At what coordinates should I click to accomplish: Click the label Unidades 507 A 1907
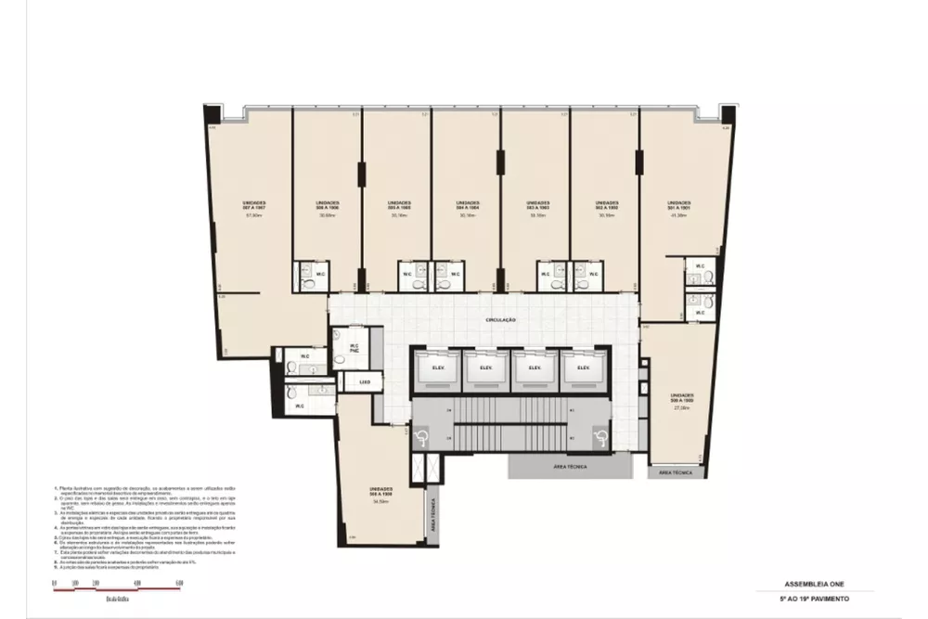pos(255,204)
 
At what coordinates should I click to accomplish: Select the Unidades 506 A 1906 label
pos(328,204)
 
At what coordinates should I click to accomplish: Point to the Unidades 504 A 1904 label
pos(468,204)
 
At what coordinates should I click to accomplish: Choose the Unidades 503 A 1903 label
pos(537,204)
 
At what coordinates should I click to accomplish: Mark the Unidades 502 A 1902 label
pos(607,204)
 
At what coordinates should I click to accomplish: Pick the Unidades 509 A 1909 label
pos(682,398)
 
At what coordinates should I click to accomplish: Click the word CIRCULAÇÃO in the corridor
pos(500,320)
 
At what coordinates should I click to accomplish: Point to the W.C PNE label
pos(354,349)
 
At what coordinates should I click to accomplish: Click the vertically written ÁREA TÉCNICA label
pos(432,514)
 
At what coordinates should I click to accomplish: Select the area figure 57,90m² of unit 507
pos(255,215)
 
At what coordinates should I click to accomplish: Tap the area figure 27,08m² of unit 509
pos(682,408)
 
